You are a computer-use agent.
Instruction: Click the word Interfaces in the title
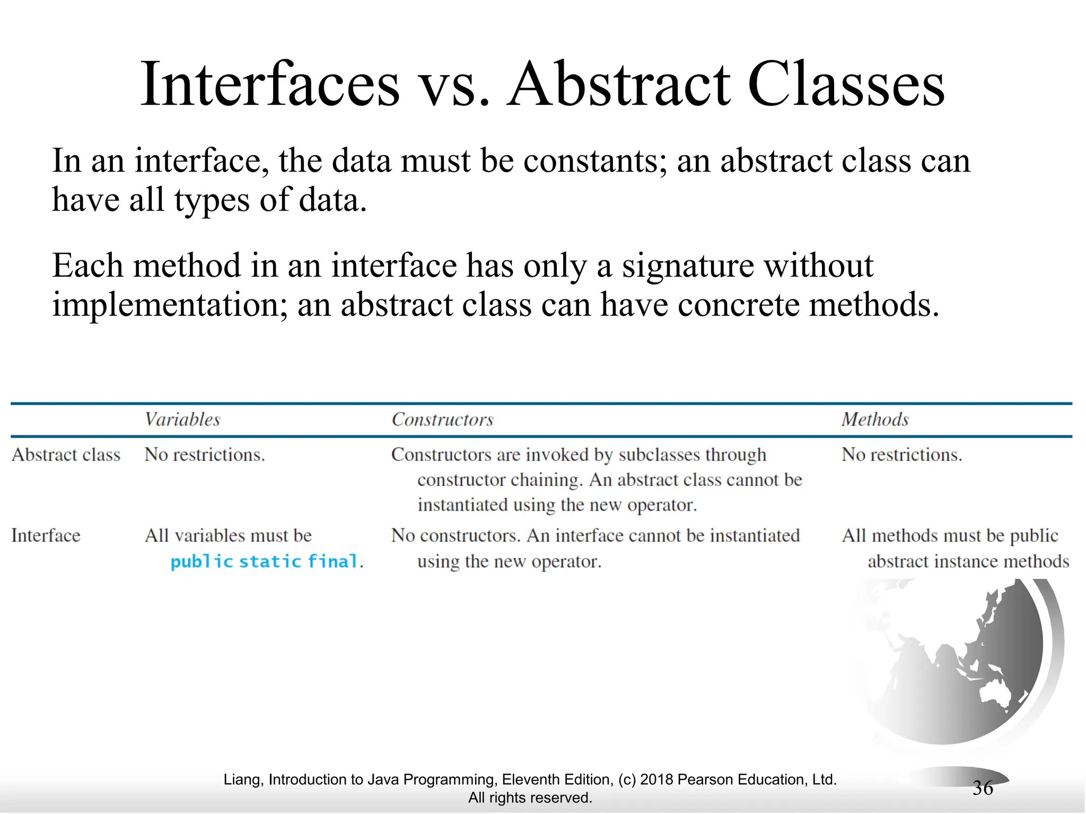269,85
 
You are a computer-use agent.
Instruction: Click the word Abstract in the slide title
619,85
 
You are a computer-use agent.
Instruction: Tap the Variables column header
182,420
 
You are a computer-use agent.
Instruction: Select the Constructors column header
442,420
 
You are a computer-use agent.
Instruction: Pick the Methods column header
875,420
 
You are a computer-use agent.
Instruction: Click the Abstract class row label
66,455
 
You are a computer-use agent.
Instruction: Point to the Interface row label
46,535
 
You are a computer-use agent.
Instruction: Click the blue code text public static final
264,561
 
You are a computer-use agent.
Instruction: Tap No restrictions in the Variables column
205,455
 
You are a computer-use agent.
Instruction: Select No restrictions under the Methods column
901,455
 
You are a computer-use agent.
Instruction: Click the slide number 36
983,788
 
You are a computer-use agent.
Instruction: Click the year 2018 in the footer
656,780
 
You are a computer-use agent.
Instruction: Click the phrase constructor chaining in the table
500,480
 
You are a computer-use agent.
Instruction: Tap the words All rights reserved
530,798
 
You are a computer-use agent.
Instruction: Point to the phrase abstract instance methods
968,561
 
